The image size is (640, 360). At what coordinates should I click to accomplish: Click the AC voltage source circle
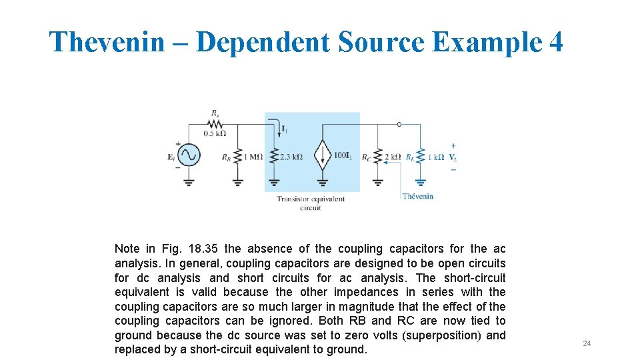(x=189, y=155)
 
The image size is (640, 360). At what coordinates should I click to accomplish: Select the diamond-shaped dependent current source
(x=323, y=156)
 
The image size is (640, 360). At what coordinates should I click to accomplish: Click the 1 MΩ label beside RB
(x=253, y=157)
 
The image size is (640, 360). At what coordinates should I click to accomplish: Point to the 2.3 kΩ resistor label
(x=291, y=157)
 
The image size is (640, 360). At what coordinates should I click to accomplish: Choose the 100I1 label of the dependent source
(x=342, y=156)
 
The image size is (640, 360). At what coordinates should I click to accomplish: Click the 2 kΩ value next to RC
(x=393, y=157)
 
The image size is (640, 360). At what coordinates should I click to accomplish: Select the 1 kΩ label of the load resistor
(x=435, y=157)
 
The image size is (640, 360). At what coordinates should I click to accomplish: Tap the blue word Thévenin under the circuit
(x=418, y=196)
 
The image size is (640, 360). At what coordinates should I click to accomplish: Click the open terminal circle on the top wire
(x=399, y=124)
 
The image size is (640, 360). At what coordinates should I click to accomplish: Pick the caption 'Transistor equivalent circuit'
(x=311, y=203)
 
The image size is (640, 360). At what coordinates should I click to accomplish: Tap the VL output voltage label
(x=453, y=157)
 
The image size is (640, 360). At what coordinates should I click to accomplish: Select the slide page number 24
(x=587, y=343)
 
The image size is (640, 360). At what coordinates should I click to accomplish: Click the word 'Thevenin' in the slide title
(x=107, y=42)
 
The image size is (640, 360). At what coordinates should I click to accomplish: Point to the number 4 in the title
(x=555, y=42)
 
